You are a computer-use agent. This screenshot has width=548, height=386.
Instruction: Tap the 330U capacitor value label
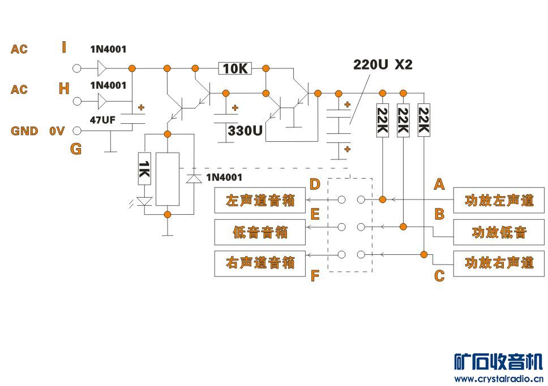pos(245,131)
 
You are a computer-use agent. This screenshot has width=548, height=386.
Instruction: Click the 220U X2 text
pos(383,64)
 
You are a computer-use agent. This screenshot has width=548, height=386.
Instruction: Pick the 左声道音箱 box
pos(260,201)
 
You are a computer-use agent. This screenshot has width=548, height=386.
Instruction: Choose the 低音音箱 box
pos(260,232)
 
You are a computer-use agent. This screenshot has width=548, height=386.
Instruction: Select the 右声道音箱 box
pos(260,263)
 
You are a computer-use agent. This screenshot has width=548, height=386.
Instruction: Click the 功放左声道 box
pos(499,201)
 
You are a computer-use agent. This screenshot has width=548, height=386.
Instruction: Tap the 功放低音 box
pos(499,232)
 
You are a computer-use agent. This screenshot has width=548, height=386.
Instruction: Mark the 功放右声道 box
pos(499,263)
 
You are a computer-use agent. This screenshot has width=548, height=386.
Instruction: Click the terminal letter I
pos(63,47)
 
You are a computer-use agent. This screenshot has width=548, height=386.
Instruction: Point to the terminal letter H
pos(64,89)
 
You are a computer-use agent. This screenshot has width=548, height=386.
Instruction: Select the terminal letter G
pos(76,149)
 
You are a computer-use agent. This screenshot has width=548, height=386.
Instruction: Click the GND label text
pos(24,131)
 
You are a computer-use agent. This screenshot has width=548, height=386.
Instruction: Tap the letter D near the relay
pos(315,184)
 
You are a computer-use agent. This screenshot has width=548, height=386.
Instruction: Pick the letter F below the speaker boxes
pos(315,276)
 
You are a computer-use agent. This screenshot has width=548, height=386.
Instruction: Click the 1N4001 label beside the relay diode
pos(224,177)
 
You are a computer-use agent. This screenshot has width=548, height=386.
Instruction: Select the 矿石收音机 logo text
pos(498,362)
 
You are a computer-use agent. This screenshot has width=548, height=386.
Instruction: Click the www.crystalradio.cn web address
pos(498,379)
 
